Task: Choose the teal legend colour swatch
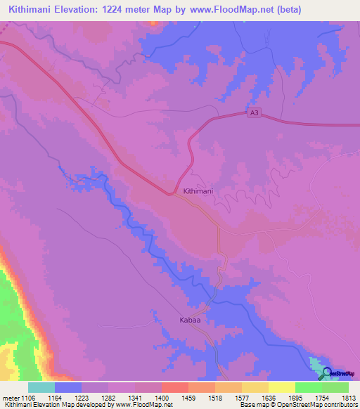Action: (41, 387)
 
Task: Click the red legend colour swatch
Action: (174, 387)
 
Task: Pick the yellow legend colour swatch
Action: (281, 387)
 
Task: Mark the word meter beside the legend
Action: (11, 397)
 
